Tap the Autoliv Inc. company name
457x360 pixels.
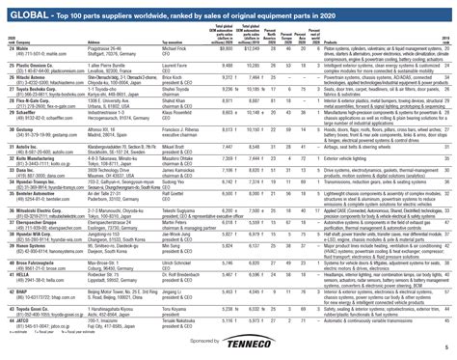click(30, 144)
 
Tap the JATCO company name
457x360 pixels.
click(23, 328)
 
